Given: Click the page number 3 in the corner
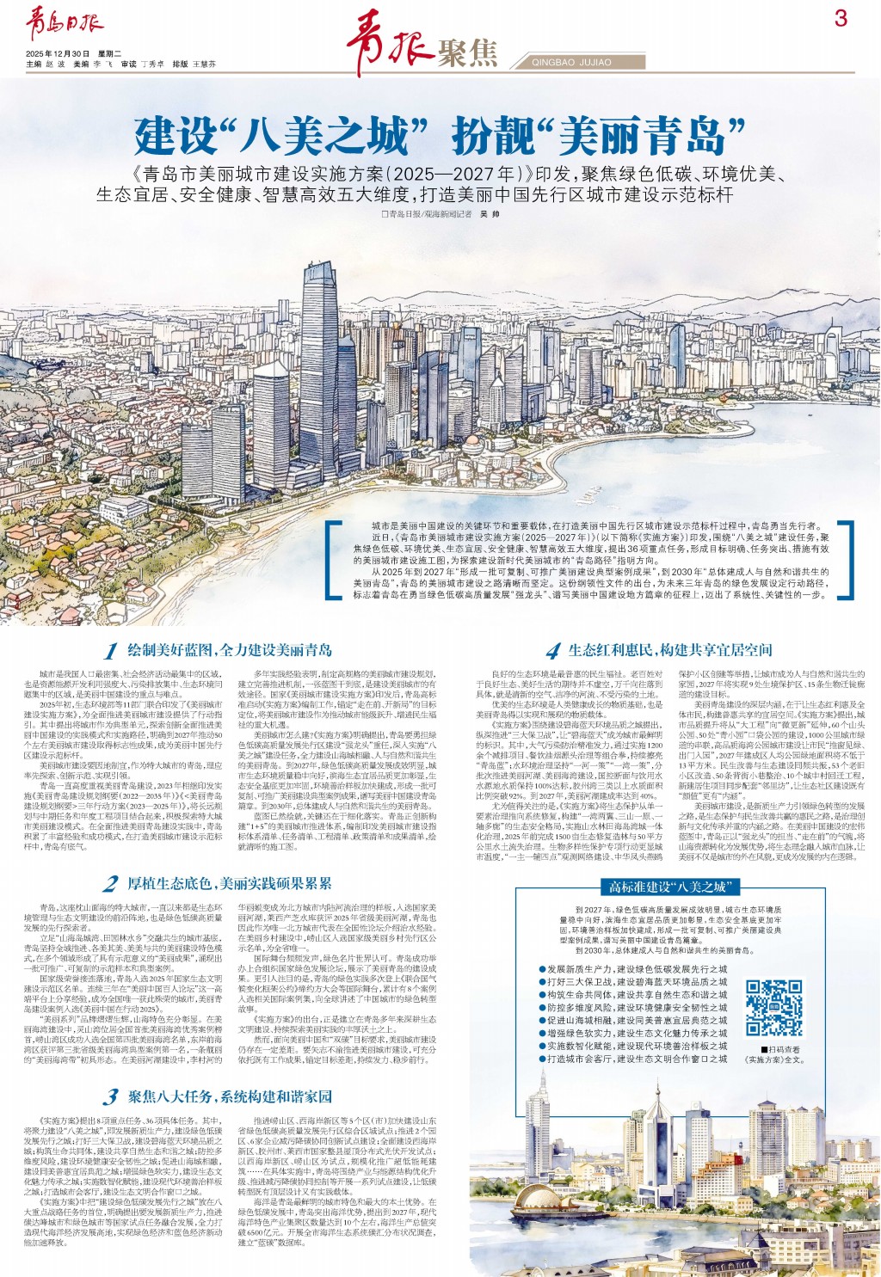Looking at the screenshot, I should pos(841,18).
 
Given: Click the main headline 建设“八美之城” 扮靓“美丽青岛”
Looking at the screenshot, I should pos(440,134).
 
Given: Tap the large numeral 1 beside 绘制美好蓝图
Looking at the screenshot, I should pos(111,651).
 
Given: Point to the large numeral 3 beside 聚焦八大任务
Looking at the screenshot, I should pos(109,1096).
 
